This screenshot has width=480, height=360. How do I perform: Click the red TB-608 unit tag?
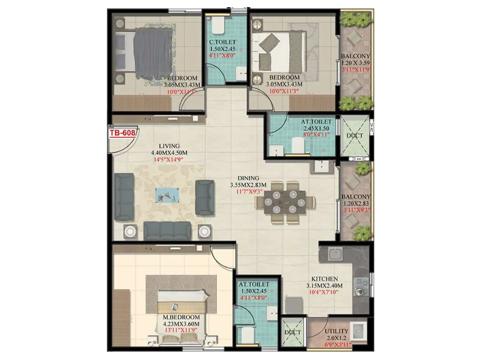pos(122,133)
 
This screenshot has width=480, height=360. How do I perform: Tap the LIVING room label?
pos(169,146)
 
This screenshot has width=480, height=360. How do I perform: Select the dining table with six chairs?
pos(285,202)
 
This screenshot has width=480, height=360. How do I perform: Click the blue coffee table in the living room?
pos(167,195)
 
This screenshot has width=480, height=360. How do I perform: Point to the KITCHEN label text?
pos(324,279)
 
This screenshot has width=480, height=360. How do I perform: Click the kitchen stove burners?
pos(361,286)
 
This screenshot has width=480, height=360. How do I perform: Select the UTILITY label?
pos(336,331)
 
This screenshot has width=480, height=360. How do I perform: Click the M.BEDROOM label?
pos(181,317)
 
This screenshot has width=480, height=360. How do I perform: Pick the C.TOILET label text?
pos(222,42)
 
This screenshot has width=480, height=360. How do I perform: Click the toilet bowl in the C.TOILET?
pos(218,26)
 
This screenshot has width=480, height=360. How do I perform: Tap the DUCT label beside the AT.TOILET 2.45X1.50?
pos(355,136)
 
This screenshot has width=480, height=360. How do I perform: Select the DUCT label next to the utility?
pos(292,332)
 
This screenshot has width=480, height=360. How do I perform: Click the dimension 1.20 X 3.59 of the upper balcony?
pos(355,63)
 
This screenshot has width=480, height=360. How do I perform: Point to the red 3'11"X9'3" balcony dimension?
pos(356,210)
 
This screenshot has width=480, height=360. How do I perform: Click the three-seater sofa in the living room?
pos(167,230)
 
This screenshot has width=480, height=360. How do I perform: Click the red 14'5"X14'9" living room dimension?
pos(168,160)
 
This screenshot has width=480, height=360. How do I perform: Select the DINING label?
pos(248,178)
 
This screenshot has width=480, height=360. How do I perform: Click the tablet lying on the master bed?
pos(175,307)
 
